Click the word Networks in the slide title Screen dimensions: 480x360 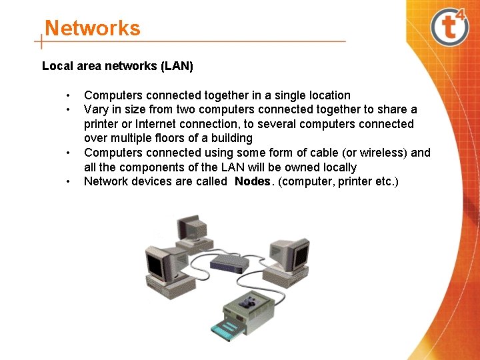tap(93, 29)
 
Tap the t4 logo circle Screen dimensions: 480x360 tap(451, 27)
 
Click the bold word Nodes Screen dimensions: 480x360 tap(253, 181)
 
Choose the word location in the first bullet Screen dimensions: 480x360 tap(327, 95)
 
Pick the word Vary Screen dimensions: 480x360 tap(96, 109)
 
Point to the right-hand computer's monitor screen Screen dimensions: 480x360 tap(299, 255)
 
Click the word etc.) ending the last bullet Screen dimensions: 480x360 tap(385, 181)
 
